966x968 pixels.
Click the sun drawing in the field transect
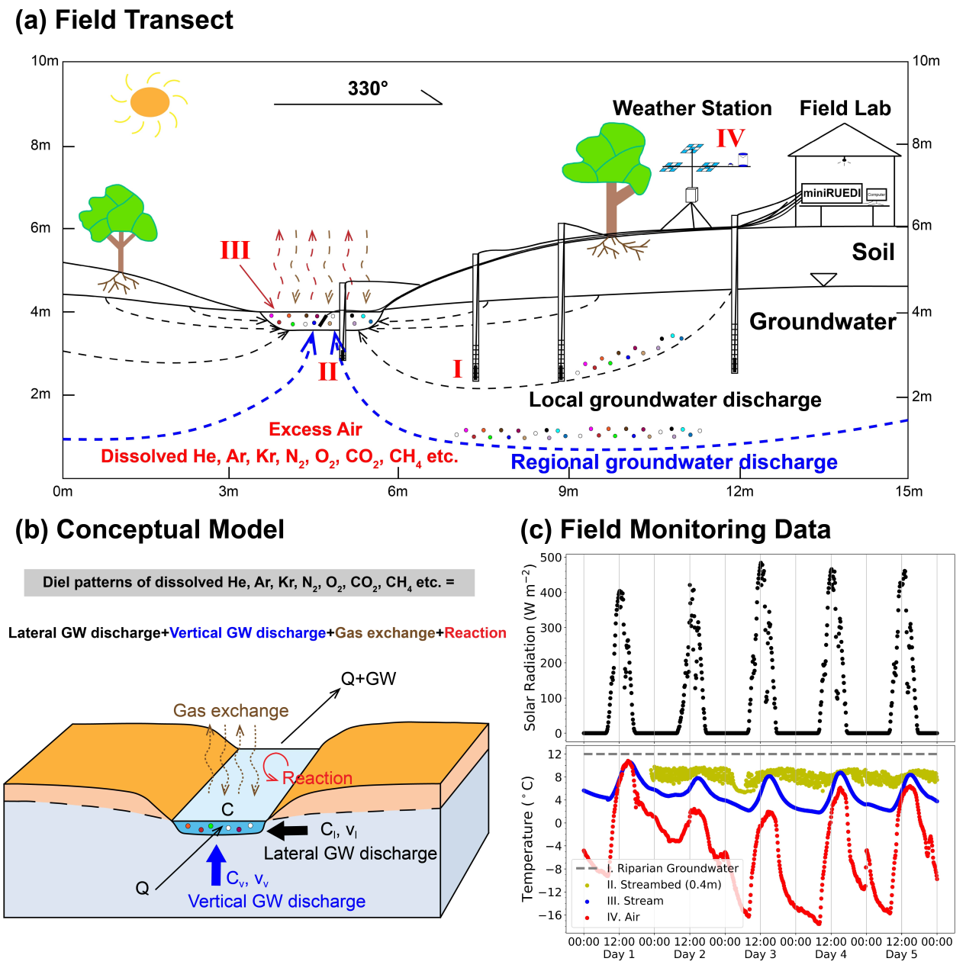pyautogui.click(x=150, y=102)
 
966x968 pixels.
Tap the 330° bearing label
pyautogui.click(x=368, y=89)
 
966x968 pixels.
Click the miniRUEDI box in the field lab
pyautogui.click(x=832, y=193)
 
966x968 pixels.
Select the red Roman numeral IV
pyautogui.click(x=730, y=138)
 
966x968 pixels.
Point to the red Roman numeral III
pyautogui.click(x=235, y=250)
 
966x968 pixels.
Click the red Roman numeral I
pyautogui.click(x=457, y=369)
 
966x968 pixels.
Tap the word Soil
pyautogui.click(x=873, y=252)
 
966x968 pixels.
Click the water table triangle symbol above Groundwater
pyautogui.click(x=823, y=280)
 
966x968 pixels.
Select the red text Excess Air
pyautogui.click(x=315, y=429)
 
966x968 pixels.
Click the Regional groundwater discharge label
pyautogui.click(x=674, y=462)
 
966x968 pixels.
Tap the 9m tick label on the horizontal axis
pyautogui.click(x=568, y=491)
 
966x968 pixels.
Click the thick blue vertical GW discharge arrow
pyautogui.click(x=217, y=865)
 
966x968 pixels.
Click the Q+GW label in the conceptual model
pyautogui.click(x=369, y=679)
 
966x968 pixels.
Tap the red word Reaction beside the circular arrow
pyautogui.click(x=317, y=778)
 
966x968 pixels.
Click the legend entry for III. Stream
pyautogui.click(x=635, y=901)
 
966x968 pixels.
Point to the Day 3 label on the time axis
pyautogui.click(x=760, y=954)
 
